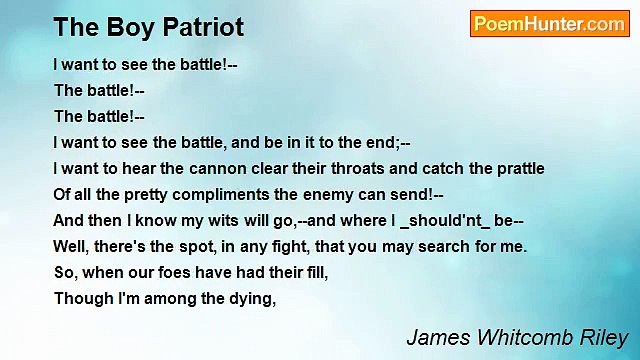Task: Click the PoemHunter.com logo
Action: point(549,24)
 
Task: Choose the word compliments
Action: point(222,195)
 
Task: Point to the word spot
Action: point(164,246)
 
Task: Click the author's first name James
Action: point(437,336)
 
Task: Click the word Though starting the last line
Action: point(80,298)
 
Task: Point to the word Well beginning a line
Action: point(72,246)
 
